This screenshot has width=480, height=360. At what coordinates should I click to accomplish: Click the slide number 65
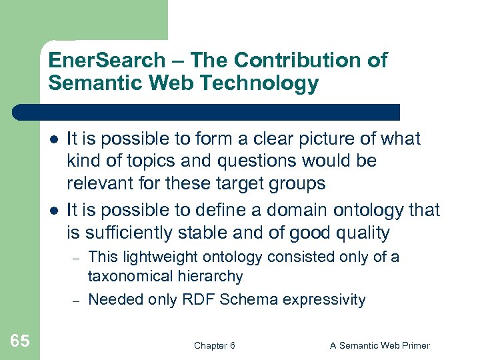(x=20, y=341)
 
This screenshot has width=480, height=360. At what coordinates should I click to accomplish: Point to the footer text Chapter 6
(x=214, y=345)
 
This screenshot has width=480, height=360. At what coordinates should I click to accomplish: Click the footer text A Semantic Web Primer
(x=380, y=345)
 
